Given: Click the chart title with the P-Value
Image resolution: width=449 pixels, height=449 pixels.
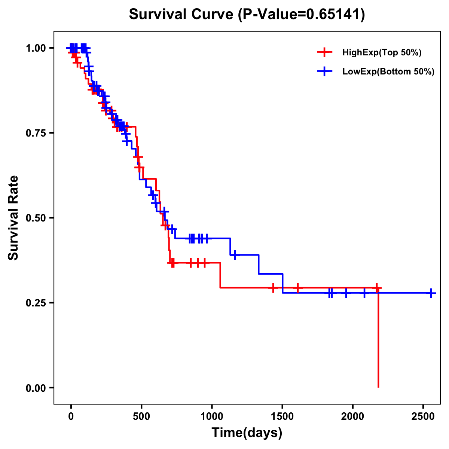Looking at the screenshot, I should [247, 15].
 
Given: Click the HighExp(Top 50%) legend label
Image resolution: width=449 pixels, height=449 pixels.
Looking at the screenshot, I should [382, 53].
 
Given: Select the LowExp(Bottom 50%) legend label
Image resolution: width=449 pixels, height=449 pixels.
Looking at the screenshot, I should [388, 72].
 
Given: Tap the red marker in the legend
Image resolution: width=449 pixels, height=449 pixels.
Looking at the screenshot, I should [324, 53].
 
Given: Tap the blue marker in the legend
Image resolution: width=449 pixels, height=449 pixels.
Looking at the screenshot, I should [324, 72].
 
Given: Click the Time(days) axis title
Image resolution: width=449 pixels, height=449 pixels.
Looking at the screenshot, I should [247, 433].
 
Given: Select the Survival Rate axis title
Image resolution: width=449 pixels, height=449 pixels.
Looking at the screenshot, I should [13, 218].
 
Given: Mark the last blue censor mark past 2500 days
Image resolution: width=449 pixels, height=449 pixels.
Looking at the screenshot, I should [431, 293].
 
